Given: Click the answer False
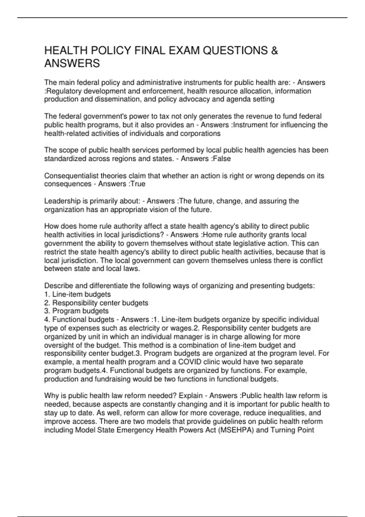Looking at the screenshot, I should (221, 159).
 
